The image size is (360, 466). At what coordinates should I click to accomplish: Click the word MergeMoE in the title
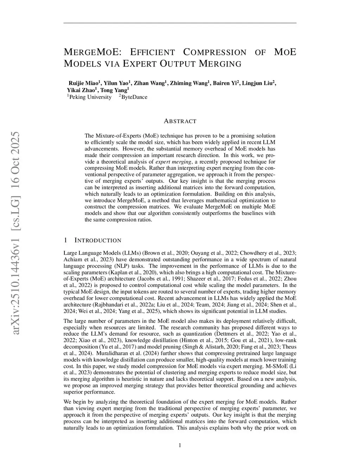tap(92, 52)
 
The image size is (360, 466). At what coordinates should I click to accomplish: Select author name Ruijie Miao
tap(83, 83)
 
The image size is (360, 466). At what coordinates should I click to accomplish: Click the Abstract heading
tap(180, 121)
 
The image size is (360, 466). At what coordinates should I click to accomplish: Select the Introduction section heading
tap(98, 241)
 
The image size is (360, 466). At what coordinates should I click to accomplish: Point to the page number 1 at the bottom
tap(180, 446)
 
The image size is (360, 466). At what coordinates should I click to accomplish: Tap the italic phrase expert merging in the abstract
tap(173, 162)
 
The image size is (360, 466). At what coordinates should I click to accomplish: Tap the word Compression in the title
tap(215, 52)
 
